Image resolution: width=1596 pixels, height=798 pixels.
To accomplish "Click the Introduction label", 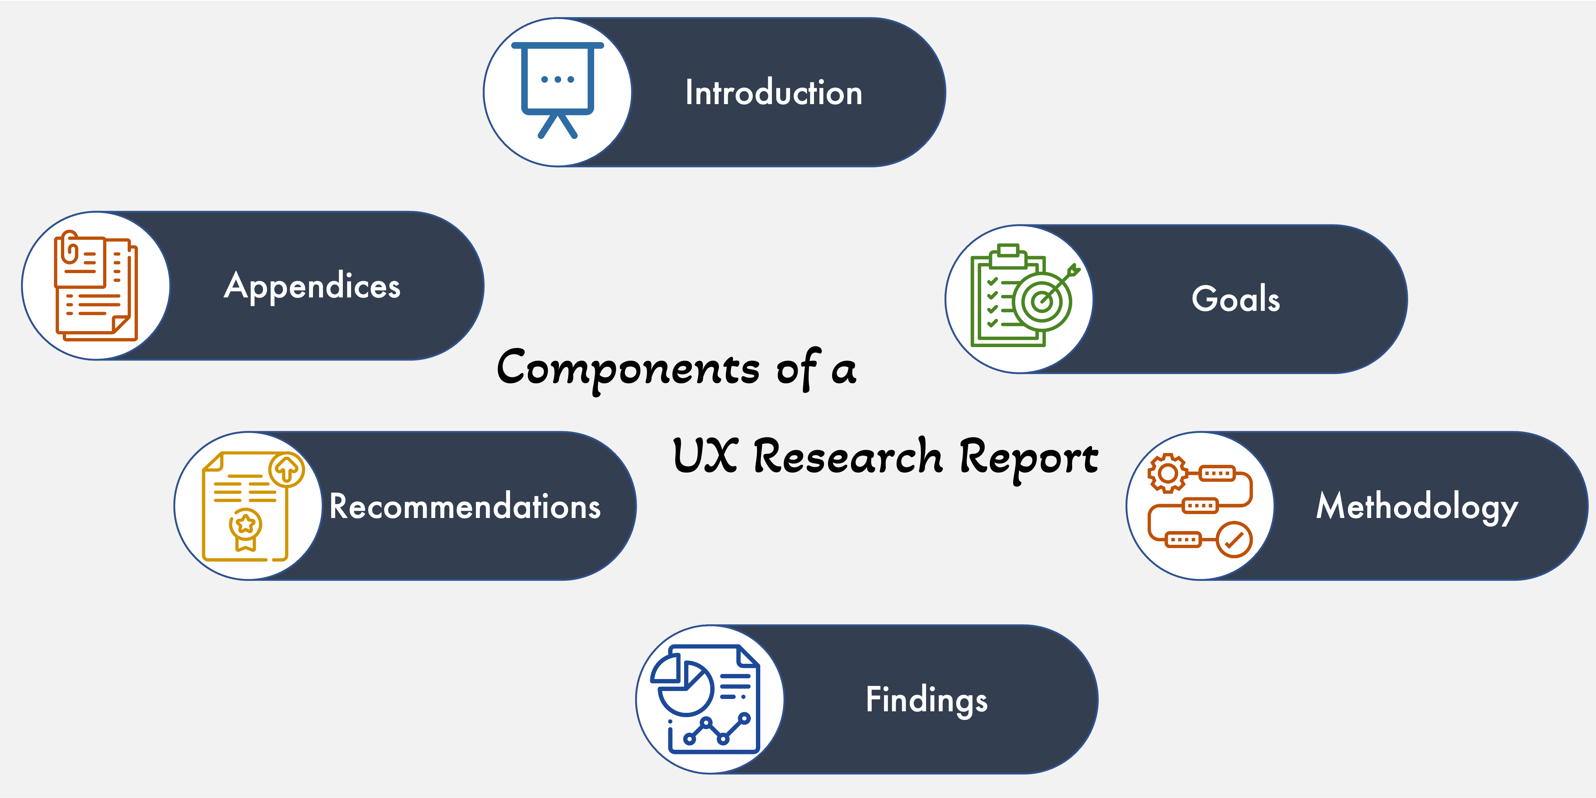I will coord(773,93).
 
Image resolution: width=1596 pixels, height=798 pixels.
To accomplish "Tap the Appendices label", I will coord(312,286).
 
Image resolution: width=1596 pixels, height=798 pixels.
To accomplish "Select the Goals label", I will coord(1235,299).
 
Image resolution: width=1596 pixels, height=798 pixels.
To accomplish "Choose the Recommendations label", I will coord(465,507).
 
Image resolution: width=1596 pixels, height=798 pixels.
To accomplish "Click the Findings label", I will coord(926,700).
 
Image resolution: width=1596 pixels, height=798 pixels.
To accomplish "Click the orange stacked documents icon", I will coord(96,286).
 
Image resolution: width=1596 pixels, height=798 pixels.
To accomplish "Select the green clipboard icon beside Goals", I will coord(1007,296).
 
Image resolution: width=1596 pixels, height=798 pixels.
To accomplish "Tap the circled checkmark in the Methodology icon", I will coord(1234,540).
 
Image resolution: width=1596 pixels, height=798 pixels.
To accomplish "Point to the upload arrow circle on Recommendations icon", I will coord(286,470).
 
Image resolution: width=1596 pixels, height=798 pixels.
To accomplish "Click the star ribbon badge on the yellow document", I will coord(246,527).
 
